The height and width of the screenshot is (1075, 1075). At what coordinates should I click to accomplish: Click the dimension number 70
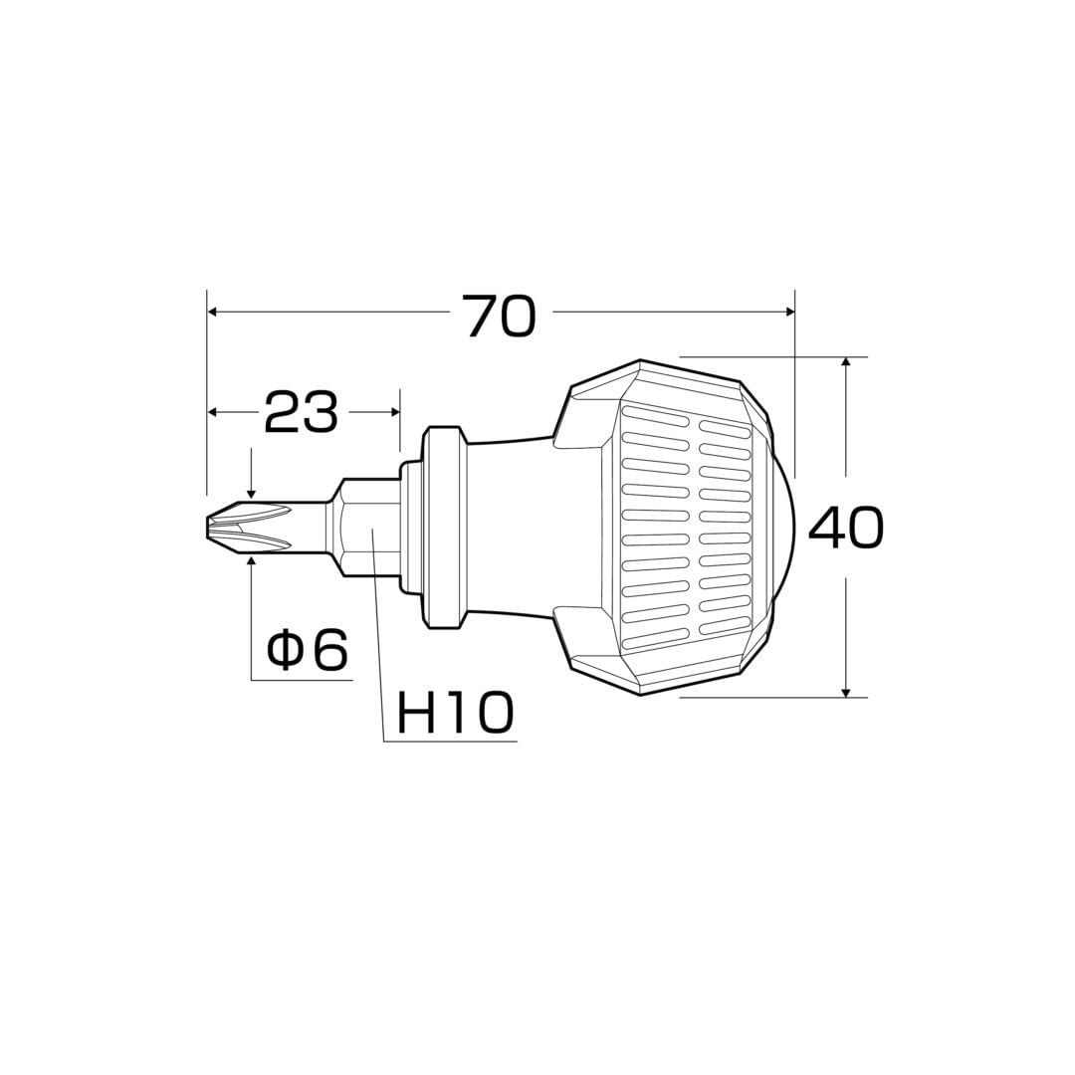500,317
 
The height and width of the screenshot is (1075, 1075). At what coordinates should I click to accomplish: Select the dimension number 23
302,411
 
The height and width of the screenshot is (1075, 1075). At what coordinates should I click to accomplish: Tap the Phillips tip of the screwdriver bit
250,526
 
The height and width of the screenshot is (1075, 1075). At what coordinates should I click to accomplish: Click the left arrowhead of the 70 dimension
213,312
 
